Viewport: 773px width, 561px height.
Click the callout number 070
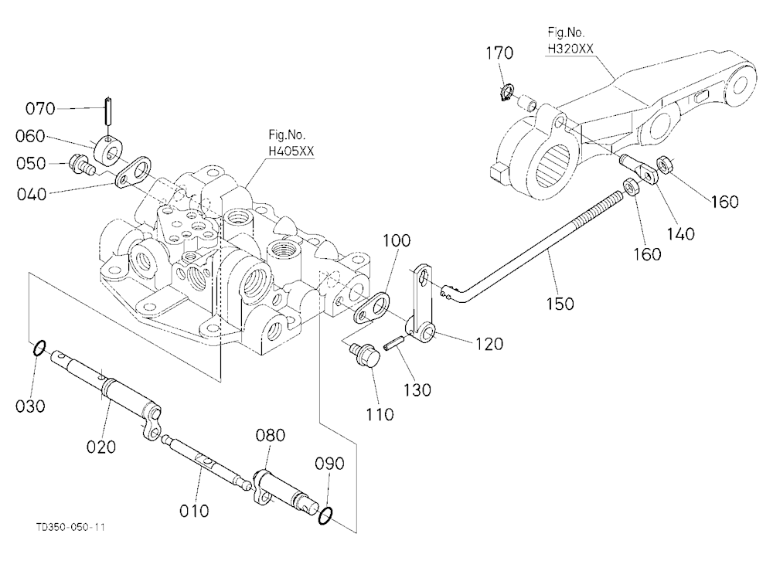(40, 108)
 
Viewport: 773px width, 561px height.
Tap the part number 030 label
(31, 406)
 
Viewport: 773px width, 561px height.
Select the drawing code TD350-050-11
(70, 527)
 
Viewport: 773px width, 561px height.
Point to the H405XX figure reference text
(291, 151)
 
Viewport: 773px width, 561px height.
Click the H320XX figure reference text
(570, 49)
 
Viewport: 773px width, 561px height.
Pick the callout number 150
(560, 303)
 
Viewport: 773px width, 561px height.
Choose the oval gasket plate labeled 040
(134, 172)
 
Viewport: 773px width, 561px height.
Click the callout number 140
(681, 233)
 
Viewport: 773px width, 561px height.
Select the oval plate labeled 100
(371, 309)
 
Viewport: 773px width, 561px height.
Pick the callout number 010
(194, 511)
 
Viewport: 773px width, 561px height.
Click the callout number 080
(270, 435)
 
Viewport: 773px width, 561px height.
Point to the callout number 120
(489, 343)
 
